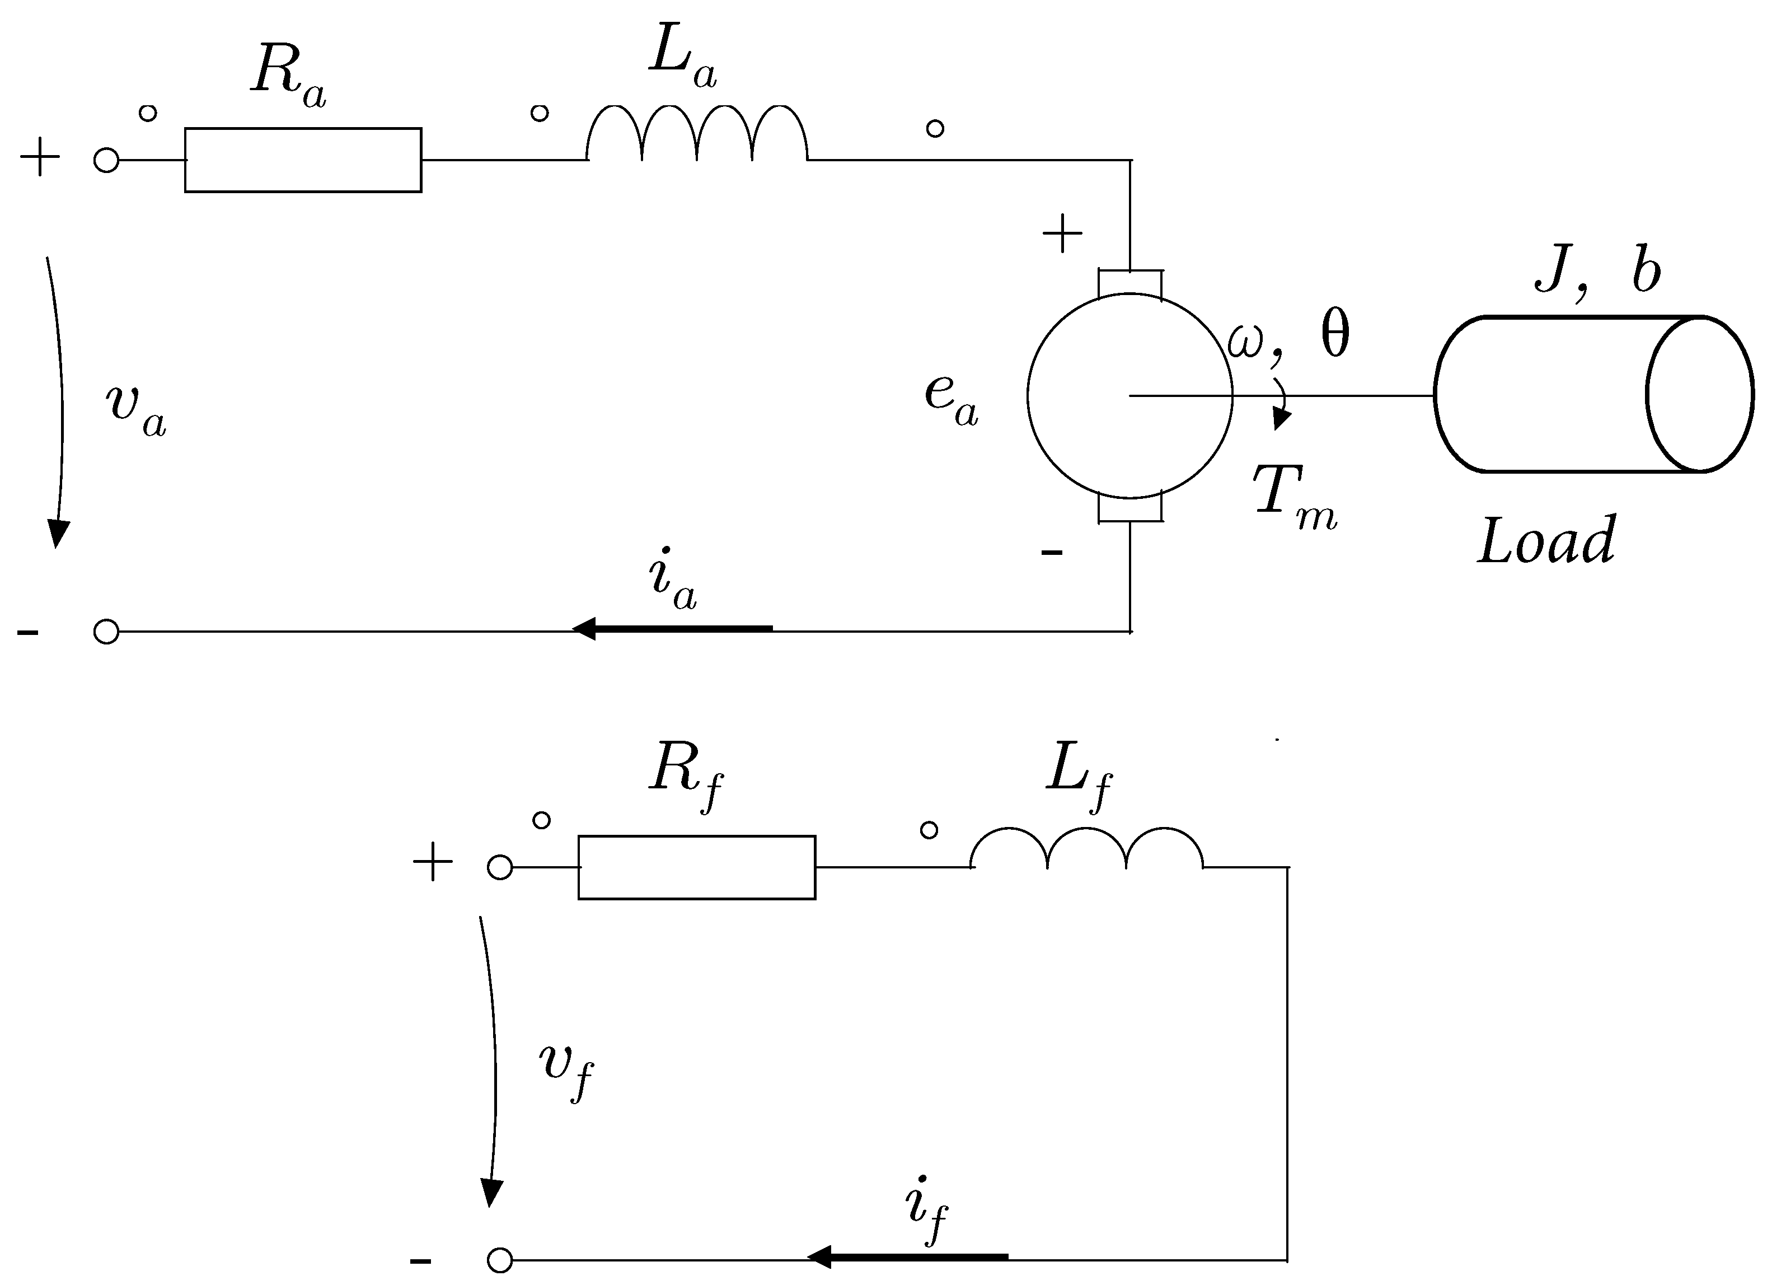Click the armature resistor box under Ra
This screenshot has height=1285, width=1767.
click(302, 160)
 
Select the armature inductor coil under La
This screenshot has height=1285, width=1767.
click(696, 137)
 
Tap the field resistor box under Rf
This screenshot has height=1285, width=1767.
click(696, 867)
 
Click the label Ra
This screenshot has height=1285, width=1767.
click(287, 76)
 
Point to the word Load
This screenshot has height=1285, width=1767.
click(1546, 541)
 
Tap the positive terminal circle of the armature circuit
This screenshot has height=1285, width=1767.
click(106, 161)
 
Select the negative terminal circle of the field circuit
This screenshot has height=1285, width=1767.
click(499, 1260)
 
